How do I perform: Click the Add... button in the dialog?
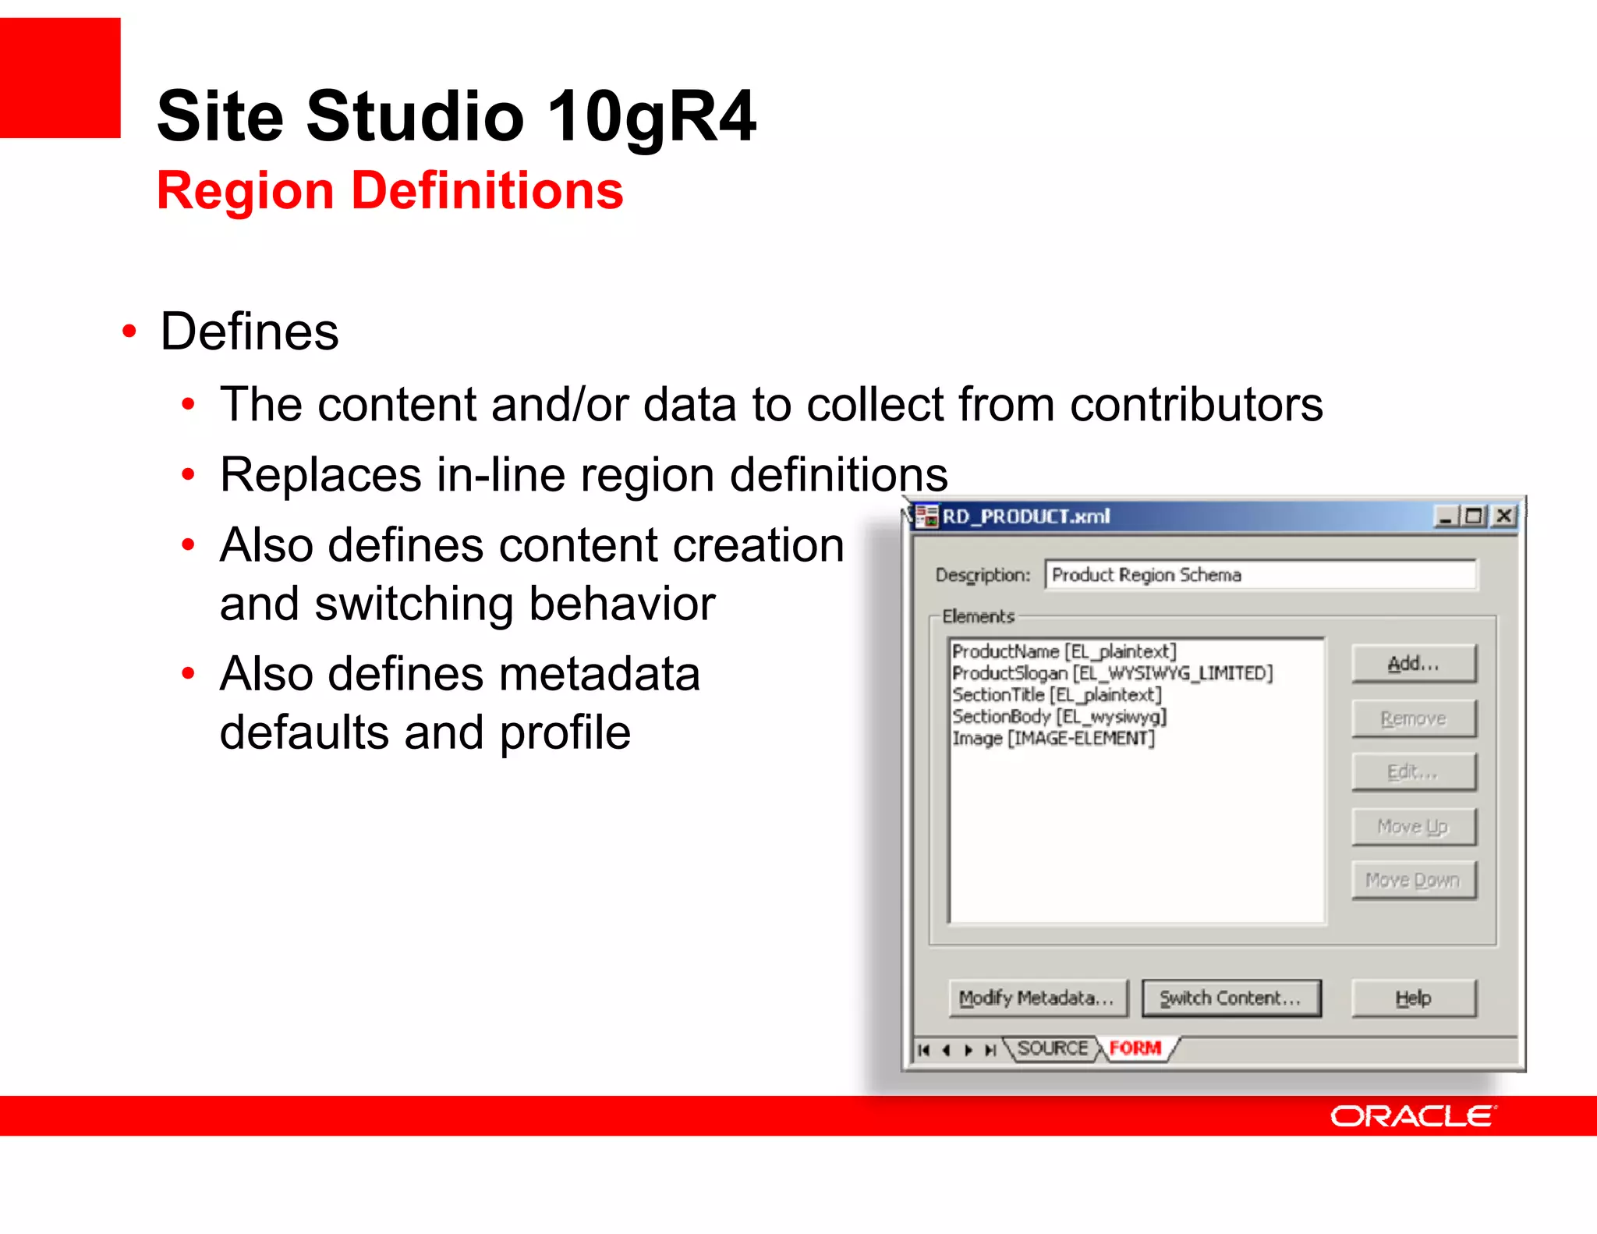(x=1413, y=664)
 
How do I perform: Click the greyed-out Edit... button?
(x=1413, y=772)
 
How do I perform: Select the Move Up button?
(x=1413, y=826)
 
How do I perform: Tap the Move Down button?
(x=1413, y=881)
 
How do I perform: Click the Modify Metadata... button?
(x=1038, y=998)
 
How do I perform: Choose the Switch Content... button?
(x=1231, y=998)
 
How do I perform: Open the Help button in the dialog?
(x=1413, y=998)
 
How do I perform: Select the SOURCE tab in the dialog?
(x=1052, y=1048)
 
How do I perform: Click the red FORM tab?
(x=1135, y=1048)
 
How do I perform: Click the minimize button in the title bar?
(x=1445, y=516)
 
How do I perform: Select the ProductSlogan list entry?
(x=1111, y=673)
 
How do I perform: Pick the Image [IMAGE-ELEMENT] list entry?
(x=1053, y=738)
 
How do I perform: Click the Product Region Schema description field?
(x=1259, y=575)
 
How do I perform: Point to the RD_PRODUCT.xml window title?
(x=1025, y=516)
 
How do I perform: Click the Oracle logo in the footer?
(x=1412, y=1116)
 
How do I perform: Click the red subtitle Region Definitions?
(x=390, y=191)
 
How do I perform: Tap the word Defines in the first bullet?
(x=250, y=332)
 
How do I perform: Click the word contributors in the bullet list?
(x=1196, y=405)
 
